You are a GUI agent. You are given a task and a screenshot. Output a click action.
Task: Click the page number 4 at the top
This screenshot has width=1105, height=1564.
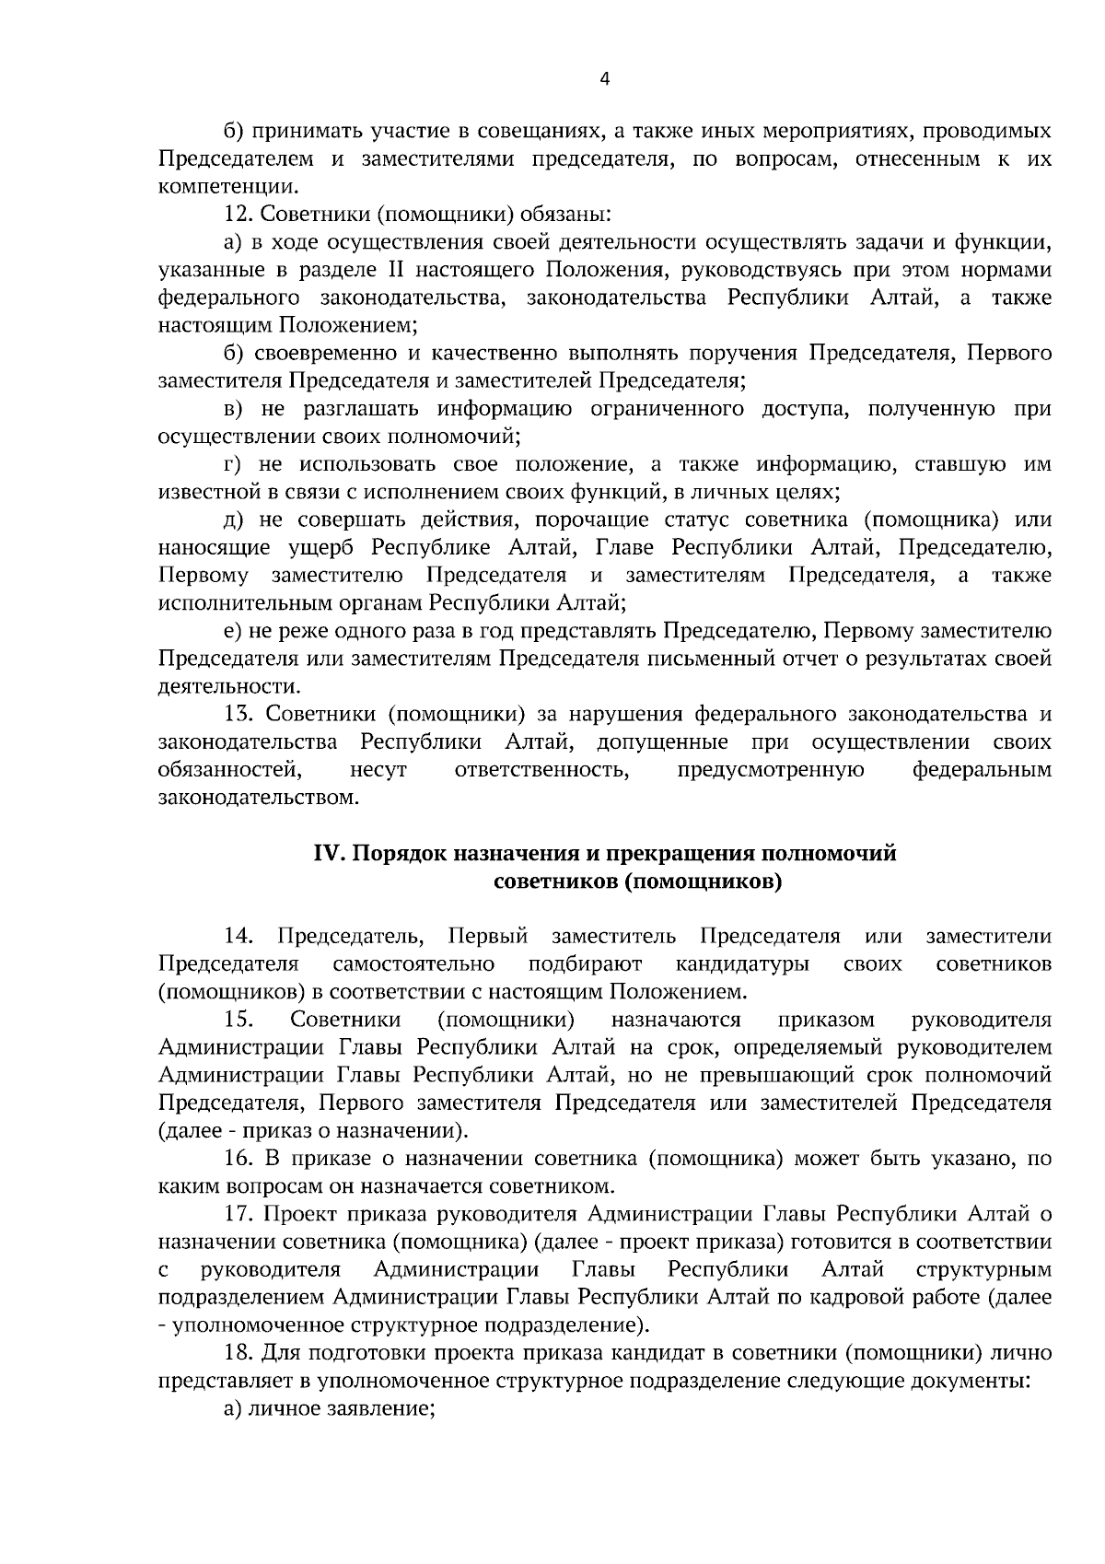tap(604, 79)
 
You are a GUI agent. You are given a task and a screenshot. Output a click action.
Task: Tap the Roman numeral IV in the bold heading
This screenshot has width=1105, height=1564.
tap(328, 854)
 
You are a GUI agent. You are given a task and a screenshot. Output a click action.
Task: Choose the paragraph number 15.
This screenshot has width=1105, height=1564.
tap(238, 1020)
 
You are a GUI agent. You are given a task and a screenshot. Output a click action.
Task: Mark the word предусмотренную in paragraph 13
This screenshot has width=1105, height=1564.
tap(771, 770)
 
